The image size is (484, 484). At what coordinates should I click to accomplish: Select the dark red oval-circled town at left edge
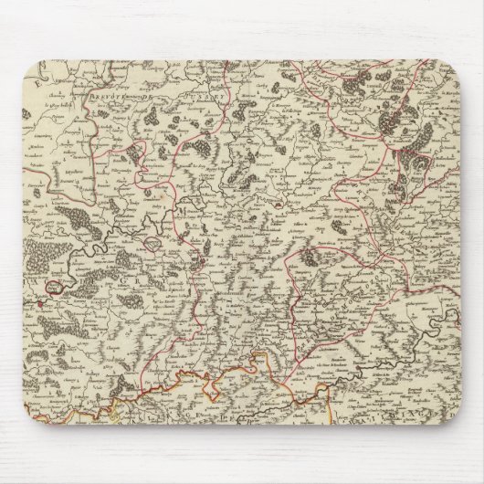pyautogui.click(x=56, y=286)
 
